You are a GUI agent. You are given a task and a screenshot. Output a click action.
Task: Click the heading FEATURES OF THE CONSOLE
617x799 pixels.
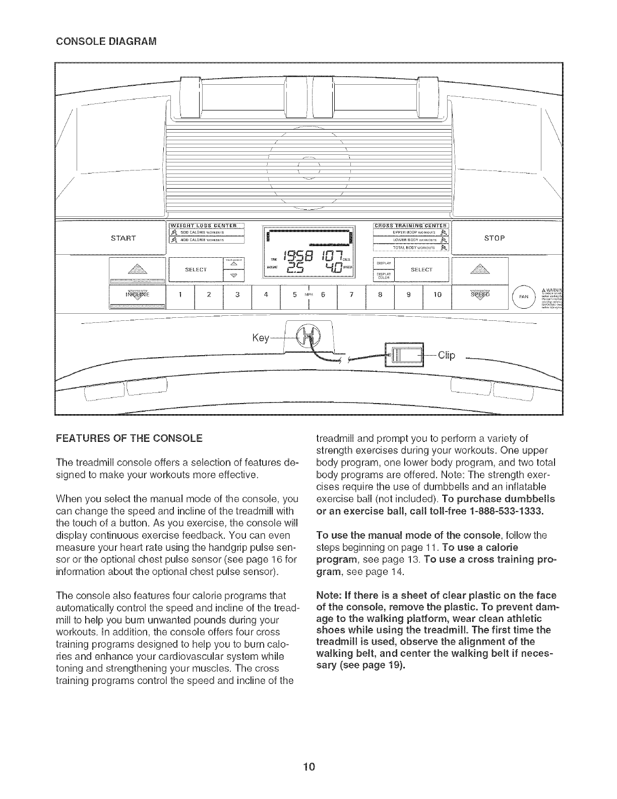(x=130, y=437)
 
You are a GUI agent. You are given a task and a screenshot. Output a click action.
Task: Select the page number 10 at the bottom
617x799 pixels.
(x=309, y=768)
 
